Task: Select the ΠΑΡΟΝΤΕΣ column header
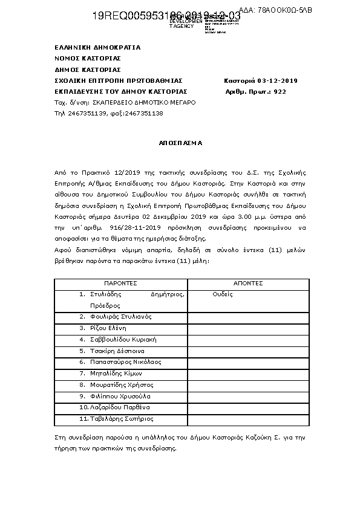tap(120, 283)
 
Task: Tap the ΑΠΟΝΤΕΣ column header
tap(247, 283)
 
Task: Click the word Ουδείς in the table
tap(223, 294)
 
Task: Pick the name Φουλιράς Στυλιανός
tap(120, 317)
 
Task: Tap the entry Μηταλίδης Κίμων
tap(116, 374)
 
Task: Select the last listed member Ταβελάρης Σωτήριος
tap(122, 418)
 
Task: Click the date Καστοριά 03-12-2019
tap(260, 81)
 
